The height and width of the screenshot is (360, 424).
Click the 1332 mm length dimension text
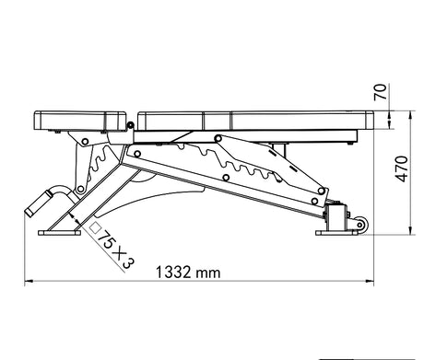[x=188, y=273]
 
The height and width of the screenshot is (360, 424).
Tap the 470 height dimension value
[x=402, y=169]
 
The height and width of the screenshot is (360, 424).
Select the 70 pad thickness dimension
[x=380, y=92]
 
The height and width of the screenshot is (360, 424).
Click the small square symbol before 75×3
[x=96, y=227]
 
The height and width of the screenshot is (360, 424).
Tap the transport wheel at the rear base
[x=360, y=225]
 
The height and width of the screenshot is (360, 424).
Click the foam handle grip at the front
[x=38, y=203]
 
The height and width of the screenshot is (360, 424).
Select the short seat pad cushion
[x=80, y=121]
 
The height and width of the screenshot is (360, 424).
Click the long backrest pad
[x=256, y=120]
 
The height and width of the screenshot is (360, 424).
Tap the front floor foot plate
[x=59, y=233]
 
